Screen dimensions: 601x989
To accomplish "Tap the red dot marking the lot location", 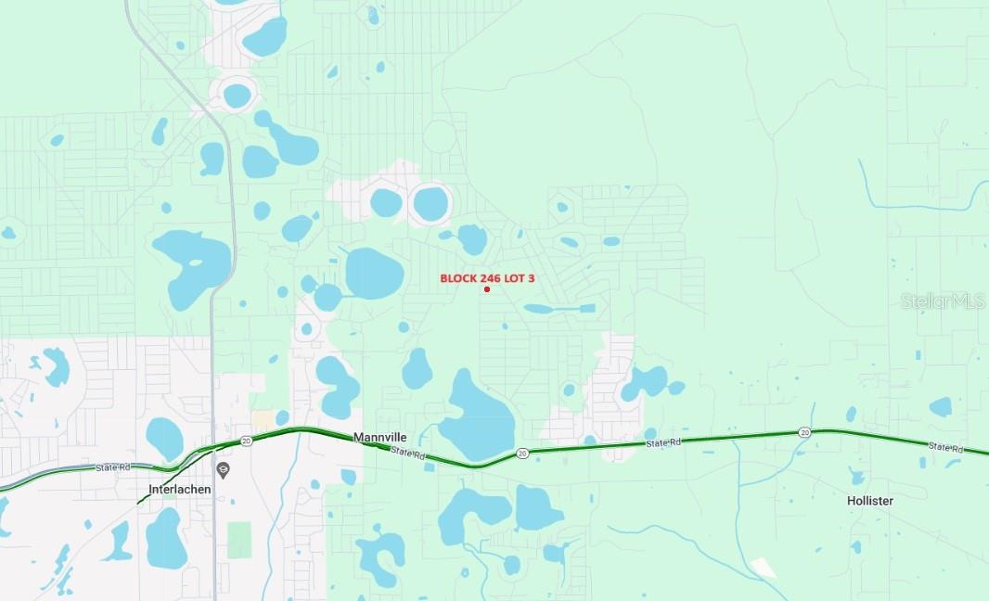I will (x=487, y=289).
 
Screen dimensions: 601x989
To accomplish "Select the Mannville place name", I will (x=380, y=437).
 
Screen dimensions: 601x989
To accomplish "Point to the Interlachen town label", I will (x=180, y=489).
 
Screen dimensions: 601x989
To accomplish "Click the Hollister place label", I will (x=869, y=501).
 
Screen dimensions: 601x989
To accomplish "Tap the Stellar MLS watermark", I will (x=942, y=301).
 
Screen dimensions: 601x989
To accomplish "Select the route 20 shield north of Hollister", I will (x=804, y=432).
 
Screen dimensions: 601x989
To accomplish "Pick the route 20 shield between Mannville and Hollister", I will (x=522, y=454).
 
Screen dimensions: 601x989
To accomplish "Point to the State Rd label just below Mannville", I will (x=406, y=453).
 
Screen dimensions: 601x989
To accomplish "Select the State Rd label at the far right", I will (x=945, y=448).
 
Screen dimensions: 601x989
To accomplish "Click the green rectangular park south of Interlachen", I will (x=239, y=540).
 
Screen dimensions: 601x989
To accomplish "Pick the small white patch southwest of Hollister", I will (x=764, y=567).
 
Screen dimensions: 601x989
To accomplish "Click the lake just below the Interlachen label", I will (x=166, y=539).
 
